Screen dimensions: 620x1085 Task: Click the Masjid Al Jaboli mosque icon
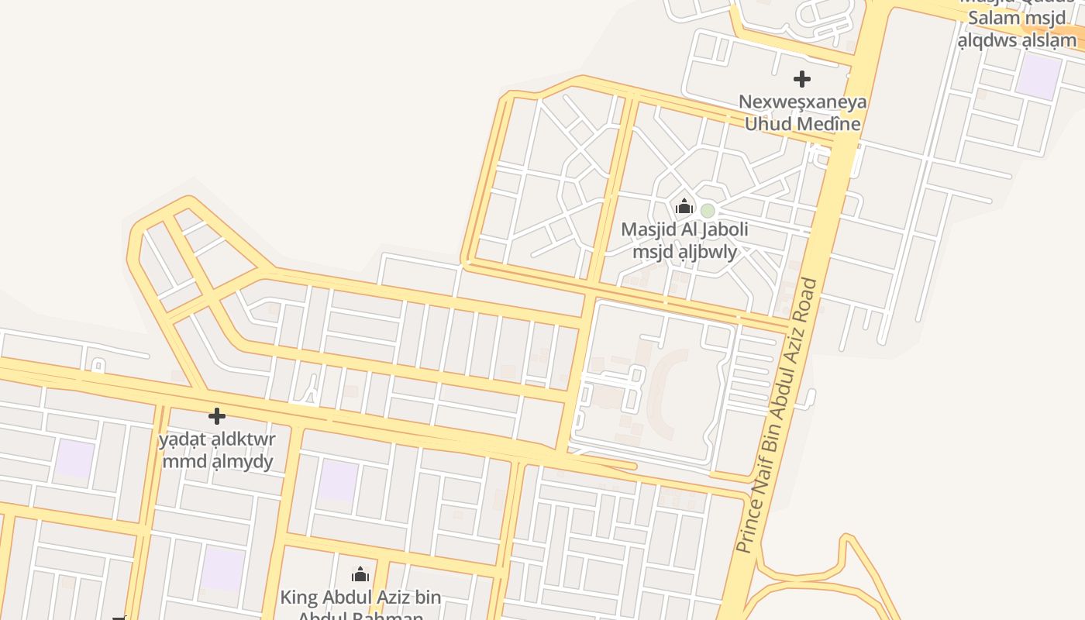[x=684, y=206]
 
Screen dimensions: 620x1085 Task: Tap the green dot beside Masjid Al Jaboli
[x=708, y=210]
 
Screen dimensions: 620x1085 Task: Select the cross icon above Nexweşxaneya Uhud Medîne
[x=802, y=78]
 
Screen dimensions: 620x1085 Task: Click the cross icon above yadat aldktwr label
[x=217, y=416]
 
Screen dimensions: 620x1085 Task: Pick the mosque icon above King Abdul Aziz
[x=360, y=574]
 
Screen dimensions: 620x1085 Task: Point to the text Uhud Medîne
[x=802, y=123]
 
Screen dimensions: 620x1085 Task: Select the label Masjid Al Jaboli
[x=684, y=229]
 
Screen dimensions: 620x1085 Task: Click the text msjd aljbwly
[x=684, y=251]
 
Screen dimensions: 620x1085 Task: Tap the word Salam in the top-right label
[x=994, y=18]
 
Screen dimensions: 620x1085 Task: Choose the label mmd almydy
[x=217, y=462]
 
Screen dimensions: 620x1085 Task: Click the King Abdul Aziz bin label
[x=360, y=598]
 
